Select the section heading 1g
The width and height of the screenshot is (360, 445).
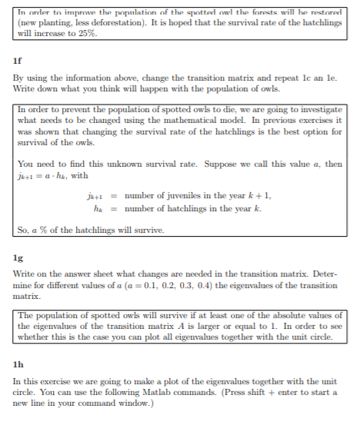(x=18, y=260)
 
